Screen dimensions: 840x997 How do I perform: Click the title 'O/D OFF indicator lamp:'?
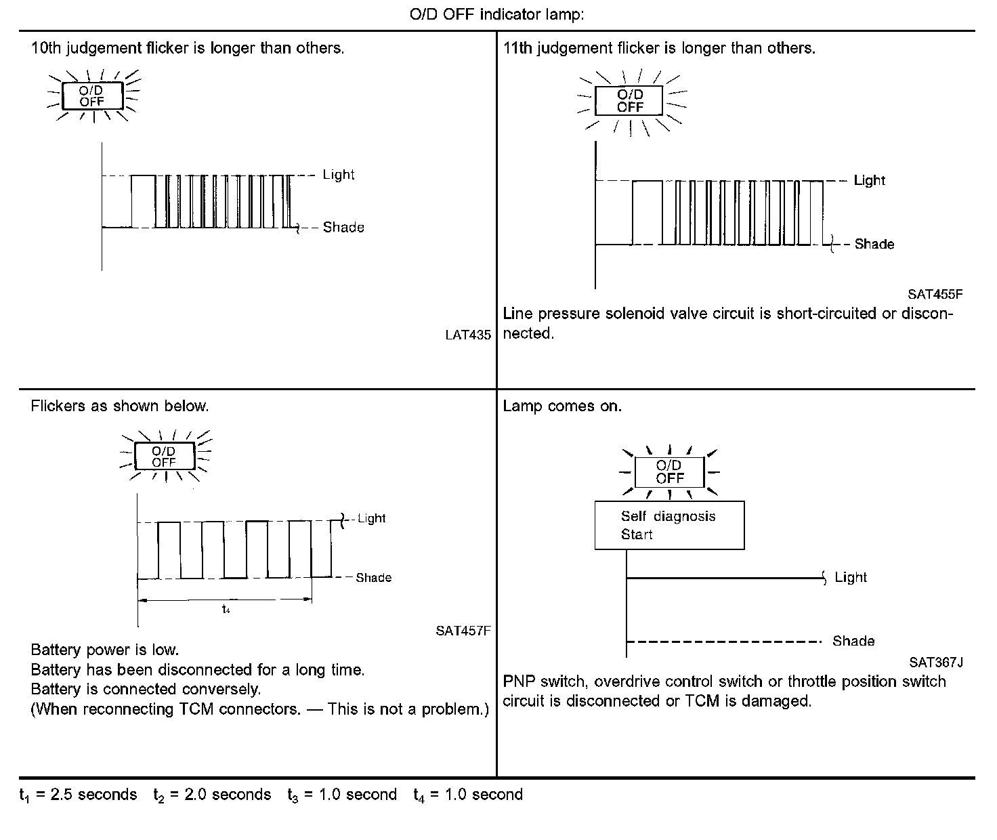496,15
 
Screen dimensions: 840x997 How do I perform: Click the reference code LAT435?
468,335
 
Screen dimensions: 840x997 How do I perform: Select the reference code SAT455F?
935,295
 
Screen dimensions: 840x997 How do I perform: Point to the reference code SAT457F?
463,631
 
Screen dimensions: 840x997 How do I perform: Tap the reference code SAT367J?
936,663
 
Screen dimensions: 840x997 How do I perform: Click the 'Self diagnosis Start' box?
669,525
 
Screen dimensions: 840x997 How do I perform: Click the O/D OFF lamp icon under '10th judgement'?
92,96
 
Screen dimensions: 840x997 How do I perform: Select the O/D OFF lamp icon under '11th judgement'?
630,101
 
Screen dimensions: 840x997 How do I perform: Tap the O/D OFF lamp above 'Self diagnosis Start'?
669,471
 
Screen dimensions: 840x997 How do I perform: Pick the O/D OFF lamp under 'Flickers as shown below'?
165,456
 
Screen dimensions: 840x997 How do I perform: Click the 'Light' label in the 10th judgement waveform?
339,175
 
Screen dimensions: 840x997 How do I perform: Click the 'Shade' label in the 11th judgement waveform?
874,244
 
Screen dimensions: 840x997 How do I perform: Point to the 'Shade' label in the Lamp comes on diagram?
853,641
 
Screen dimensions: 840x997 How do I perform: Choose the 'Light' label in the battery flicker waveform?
371,518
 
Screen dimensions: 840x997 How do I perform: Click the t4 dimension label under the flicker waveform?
226,609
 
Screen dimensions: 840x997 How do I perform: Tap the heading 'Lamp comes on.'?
562,406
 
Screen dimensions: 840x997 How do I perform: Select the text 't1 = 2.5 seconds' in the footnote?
78,795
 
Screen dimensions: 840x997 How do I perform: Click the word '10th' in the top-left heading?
45,48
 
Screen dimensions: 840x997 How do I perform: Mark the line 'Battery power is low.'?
105,650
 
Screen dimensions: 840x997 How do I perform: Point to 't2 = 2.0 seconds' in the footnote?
212,795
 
